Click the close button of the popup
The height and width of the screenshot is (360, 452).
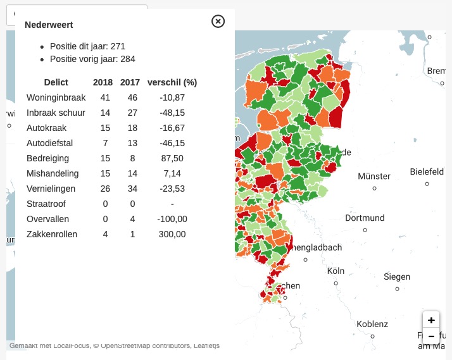pyautogui.click(x=218, y=22)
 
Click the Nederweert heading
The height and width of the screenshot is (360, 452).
pyautogui.click(x=49, y=25)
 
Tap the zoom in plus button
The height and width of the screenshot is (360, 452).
pyautogui.click(x=431, y=320)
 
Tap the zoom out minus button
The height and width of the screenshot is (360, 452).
pyautogui.click(x=431, y=336)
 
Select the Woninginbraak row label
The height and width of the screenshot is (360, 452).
pyautogui.click(x=56, y=97)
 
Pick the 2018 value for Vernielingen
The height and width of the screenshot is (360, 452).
pyautogui.click(x=105, y=189)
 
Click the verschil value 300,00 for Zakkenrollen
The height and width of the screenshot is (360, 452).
pyautogui.click(x=172, y=234)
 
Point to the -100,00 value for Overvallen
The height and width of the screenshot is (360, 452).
pyautogui.click(x=172, y=219)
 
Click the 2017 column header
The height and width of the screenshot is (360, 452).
pyautogui.click(x=130, y=82)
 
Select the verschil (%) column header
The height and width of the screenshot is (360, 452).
pyautogui.click(x=172, y=82)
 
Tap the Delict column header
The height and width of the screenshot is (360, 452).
pyautogui.click(x=56, y=82)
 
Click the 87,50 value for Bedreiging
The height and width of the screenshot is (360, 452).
pyautogui.click(x=172, y=158)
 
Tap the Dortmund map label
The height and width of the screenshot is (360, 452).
pyautogui.click(x=365, y=218)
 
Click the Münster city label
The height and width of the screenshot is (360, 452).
pyautogui.click(x=374, y=176)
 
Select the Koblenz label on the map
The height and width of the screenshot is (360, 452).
pyautogui.click(x=372, y=324)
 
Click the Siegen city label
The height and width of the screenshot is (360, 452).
pyautogui.click(x=397, y=277)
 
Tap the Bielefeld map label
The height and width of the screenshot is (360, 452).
pyautogui.click(x=427, y=171)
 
